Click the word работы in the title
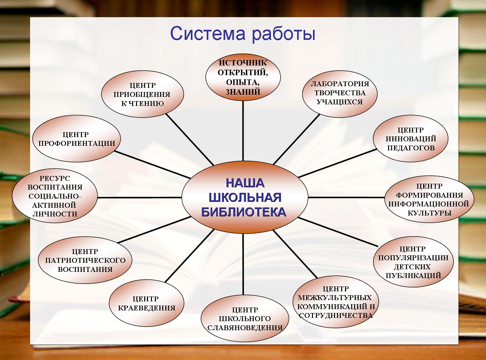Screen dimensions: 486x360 [x=283, y=34]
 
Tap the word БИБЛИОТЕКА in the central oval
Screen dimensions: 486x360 [x=244, y=212]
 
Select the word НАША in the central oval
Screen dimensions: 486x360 [x=245, y=183]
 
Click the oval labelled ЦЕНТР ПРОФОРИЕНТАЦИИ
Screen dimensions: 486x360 [x=77, y=138]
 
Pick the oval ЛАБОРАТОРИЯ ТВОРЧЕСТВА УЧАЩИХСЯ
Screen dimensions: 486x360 [x=340, y=94]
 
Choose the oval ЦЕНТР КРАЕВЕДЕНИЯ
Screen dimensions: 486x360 [x=146, y=303]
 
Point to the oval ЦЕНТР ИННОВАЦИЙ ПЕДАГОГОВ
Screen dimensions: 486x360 [x=411, y=138]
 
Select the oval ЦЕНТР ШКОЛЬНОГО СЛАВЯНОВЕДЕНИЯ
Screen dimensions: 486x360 [x=245, y=319]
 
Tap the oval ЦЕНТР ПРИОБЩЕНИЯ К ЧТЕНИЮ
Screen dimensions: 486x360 [x=143, y=94]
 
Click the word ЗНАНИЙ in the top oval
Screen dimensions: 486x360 [x=243, y=92]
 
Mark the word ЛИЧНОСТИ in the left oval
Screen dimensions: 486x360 [x=55, y=214]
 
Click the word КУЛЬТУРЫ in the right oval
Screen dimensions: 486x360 [x=430, y=213]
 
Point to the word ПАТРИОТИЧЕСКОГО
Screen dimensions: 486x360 [x=85, y=260]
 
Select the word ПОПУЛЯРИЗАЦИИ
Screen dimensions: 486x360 [x=413, y=258]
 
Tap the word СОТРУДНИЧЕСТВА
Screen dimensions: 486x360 [x=336, y=315]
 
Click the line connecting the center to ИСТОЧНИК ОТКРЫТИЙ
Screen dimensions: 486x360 [x=243, y=131]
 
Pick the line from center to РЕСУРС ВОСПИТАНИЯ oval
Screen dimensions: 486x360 [x=140, y=197]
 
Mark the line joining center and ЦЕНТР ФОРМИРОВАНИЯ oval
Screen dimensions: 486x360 [x=346, y=197]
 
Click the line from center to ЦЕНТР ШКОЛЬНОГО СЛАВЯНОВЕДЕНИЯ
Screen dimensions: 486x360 [x=243, y=264]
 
